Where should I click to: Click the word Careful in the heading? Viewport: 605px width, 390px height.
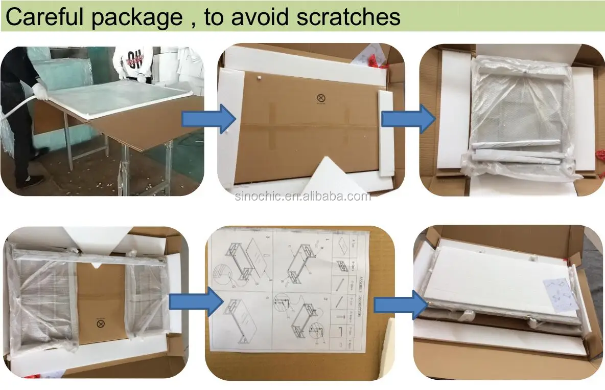[45, 17]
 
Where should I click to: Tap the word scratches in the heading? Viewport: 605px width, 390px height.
[341, 17]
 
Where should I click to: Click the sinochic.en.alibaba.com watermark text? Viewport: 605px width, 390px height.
[303, 197]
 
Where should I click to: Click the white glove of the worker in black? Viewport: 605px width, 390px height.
[40, 95]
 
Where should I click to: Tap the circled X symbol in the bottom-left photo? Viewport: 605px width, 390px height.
[100, 323]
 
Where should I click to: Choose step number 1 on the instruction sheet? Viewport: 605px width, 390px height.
[327, 240]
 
